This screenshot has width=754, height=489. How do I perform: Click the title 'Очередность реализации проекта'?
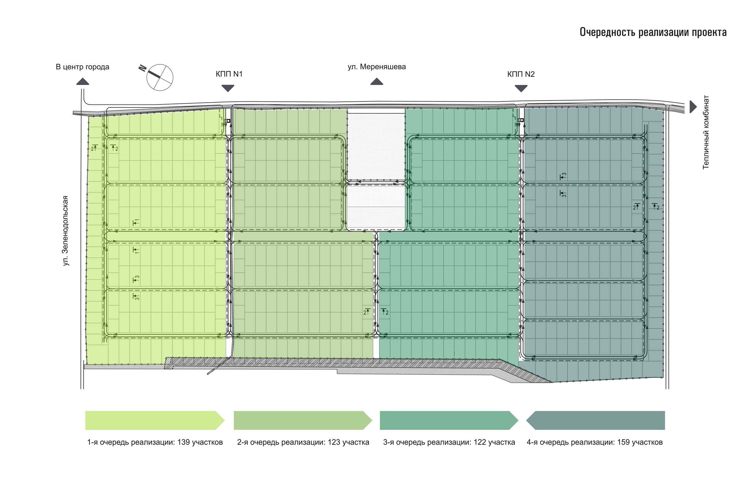[x=653, y=32]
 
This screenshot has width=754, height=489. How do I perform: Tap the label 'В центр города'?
[x=82, y=67]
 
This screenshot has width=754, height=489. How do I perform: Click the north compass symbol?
[x=159, y=77]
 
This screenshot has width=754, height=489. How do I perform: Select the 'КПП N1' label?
[x=229, y=74]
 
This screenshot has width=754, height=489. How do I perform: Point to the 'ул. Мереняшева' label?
[x=376, y=67]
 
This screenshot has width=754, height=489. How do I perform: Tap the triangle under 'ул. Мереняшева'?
[x=376, y=82]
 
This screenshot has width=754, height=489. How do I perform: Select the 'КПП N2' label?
[x=521, y=74]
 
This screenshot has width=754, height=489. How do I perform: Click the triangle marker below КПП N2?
[x=521, y=88]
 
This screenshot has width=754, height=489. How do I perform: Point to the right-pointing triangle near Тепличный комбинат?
[x=693, y=106]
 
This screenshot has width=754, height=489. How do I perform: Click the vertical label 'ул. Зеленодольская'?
[x=66, y=230]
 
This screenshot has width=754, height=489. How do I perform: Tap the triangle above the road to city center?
[x=83, y=82]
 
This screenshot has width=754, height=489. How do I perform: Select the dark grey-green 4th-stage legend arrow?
[x=595, y=420]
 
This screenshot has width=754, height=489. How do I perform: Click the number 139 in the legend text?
[x=184, y=442]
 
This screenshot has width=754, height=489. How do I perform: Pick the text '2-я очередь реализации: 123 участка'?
[x=303, y=442]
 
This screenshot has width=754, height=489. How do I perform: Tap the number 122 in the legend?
[x=480, y=442]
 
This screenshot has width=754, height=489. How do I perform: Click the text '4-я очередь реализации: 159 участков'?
[x=594, y=442]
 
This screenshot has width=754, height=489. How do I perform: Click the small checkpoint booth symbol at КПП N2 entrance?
[x=521, y=120]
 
